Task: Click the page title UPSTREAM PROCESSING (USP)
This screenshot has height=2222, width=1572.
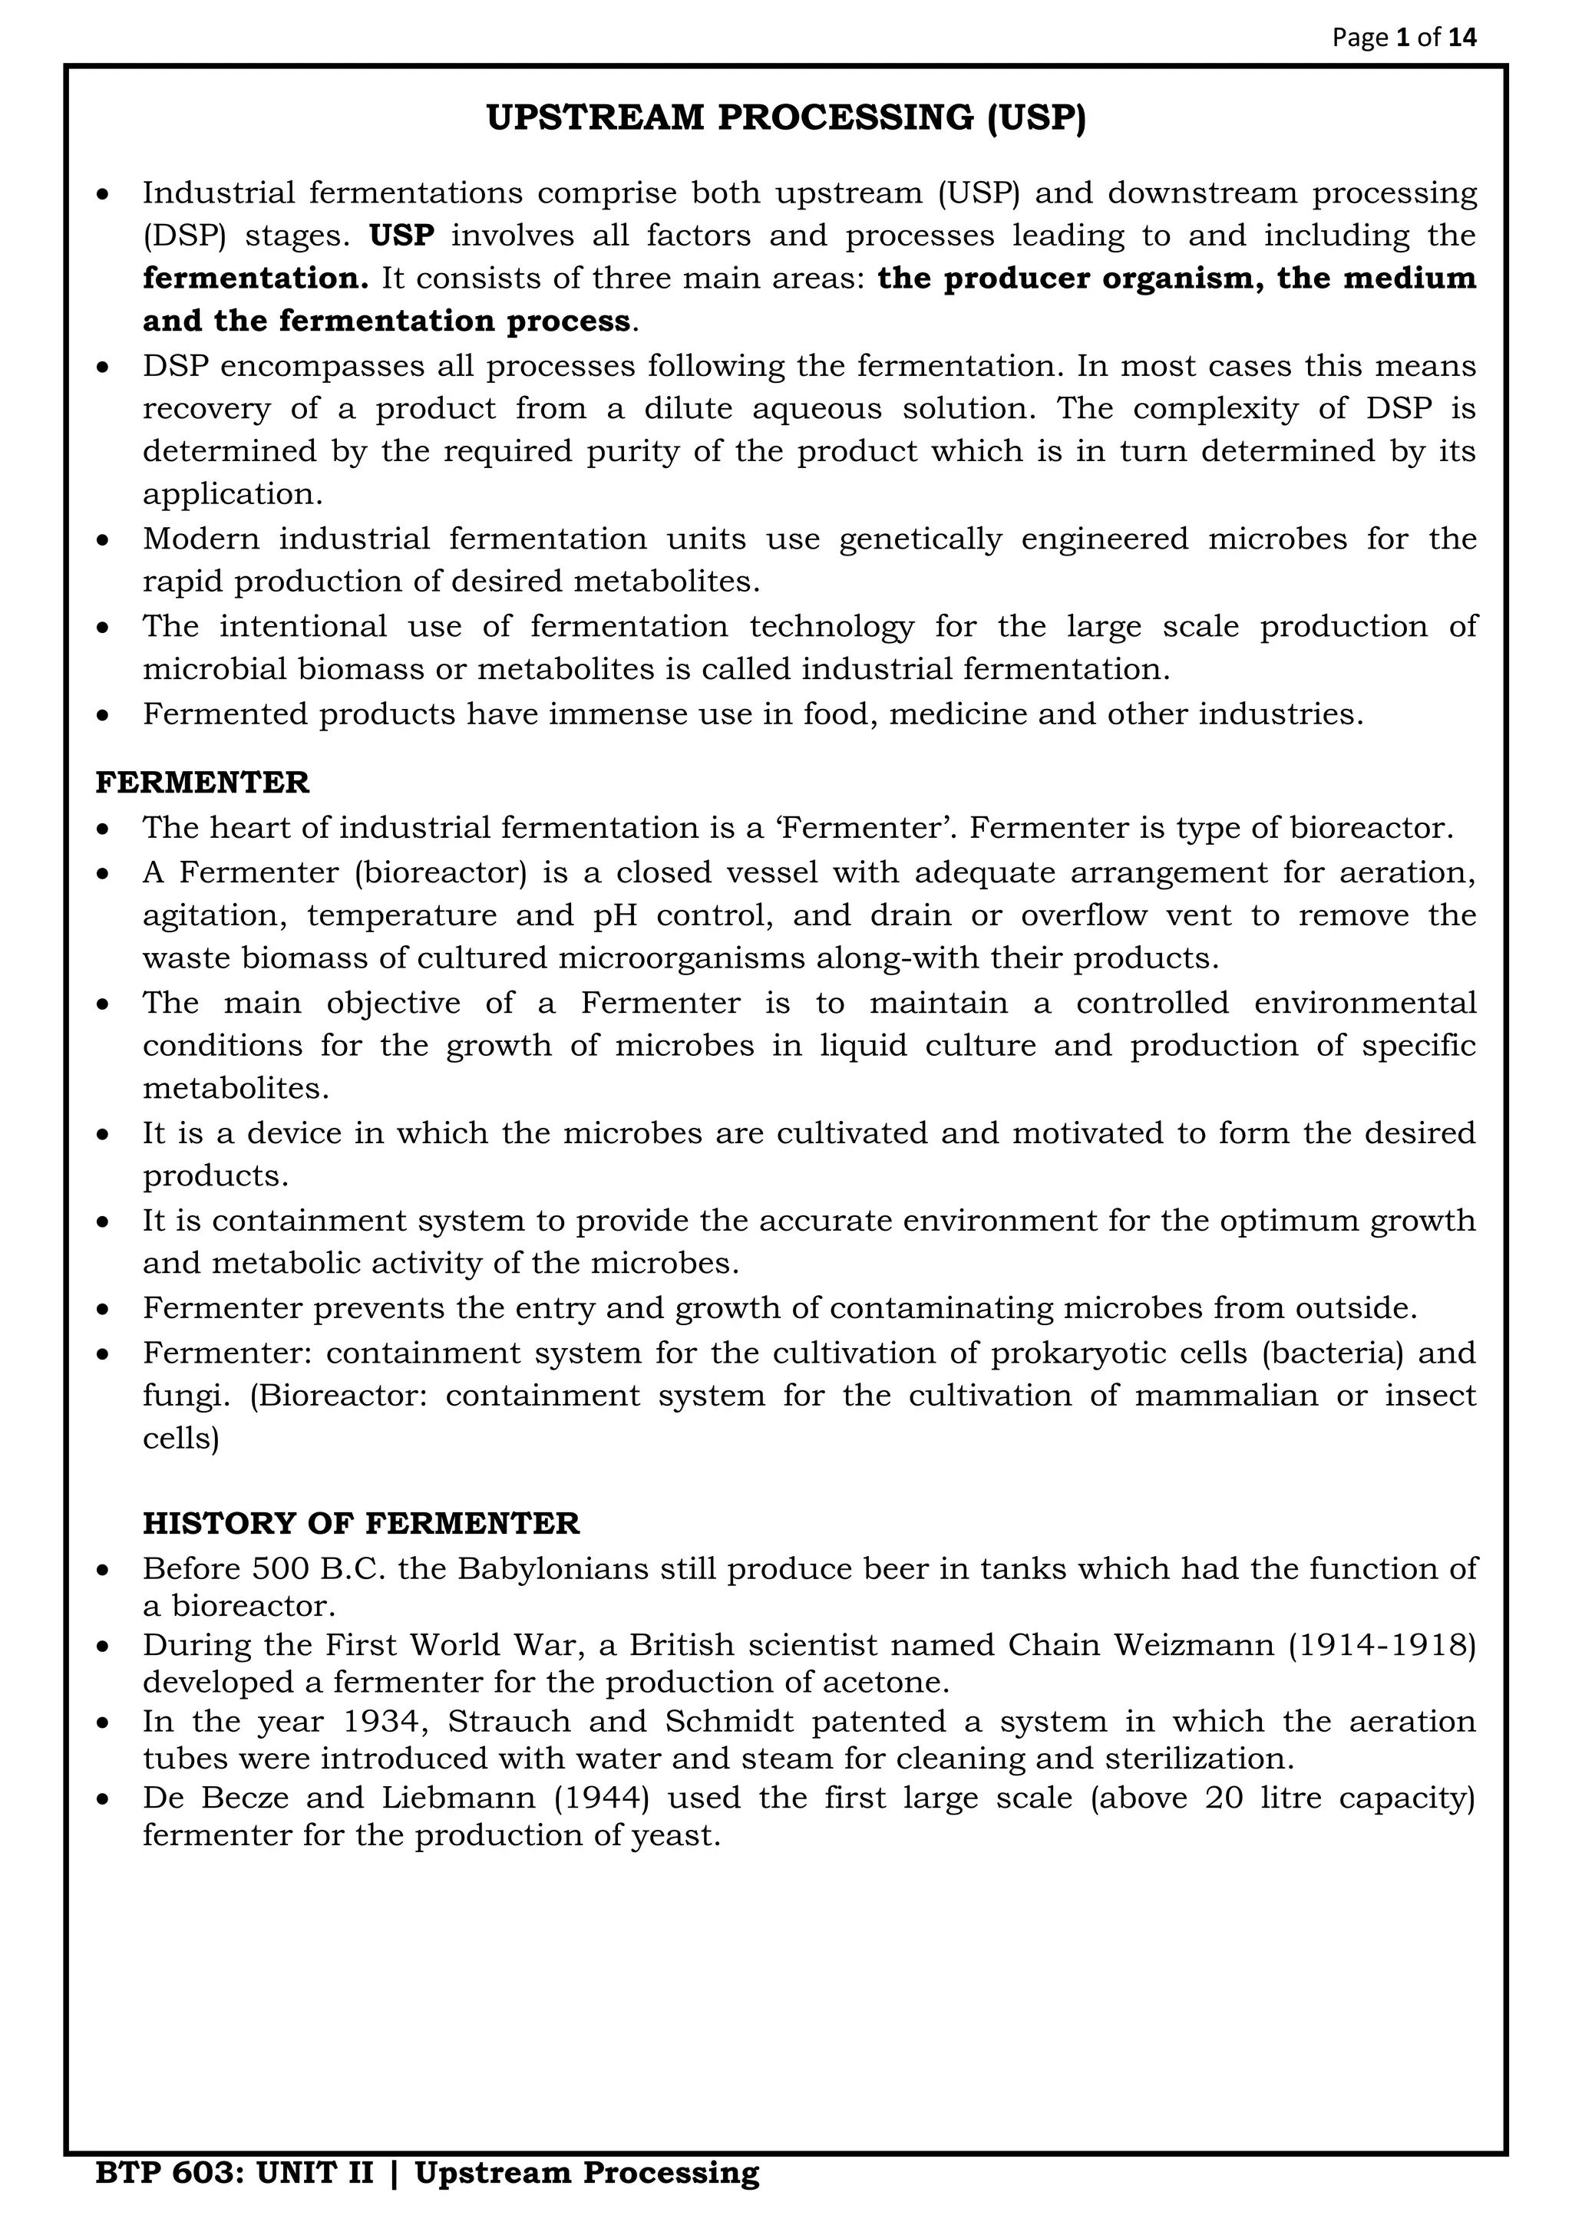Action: pyautogui.click(x=785, y=118)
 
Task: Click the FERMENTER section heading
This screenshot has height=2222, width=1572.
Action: pyautogui.click(x=203, y=782)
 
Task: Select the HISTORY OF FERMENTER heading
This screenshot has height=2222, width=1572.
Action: pyautogui.click(x=360, y=1523)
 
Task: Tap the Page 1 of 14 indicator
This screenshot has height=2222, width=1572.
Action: pyautogui.click(x=1405, y=38)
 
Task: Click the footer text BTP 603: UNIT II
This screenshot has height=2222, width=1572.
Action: pyautogui.click(x=233, y=2173)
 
